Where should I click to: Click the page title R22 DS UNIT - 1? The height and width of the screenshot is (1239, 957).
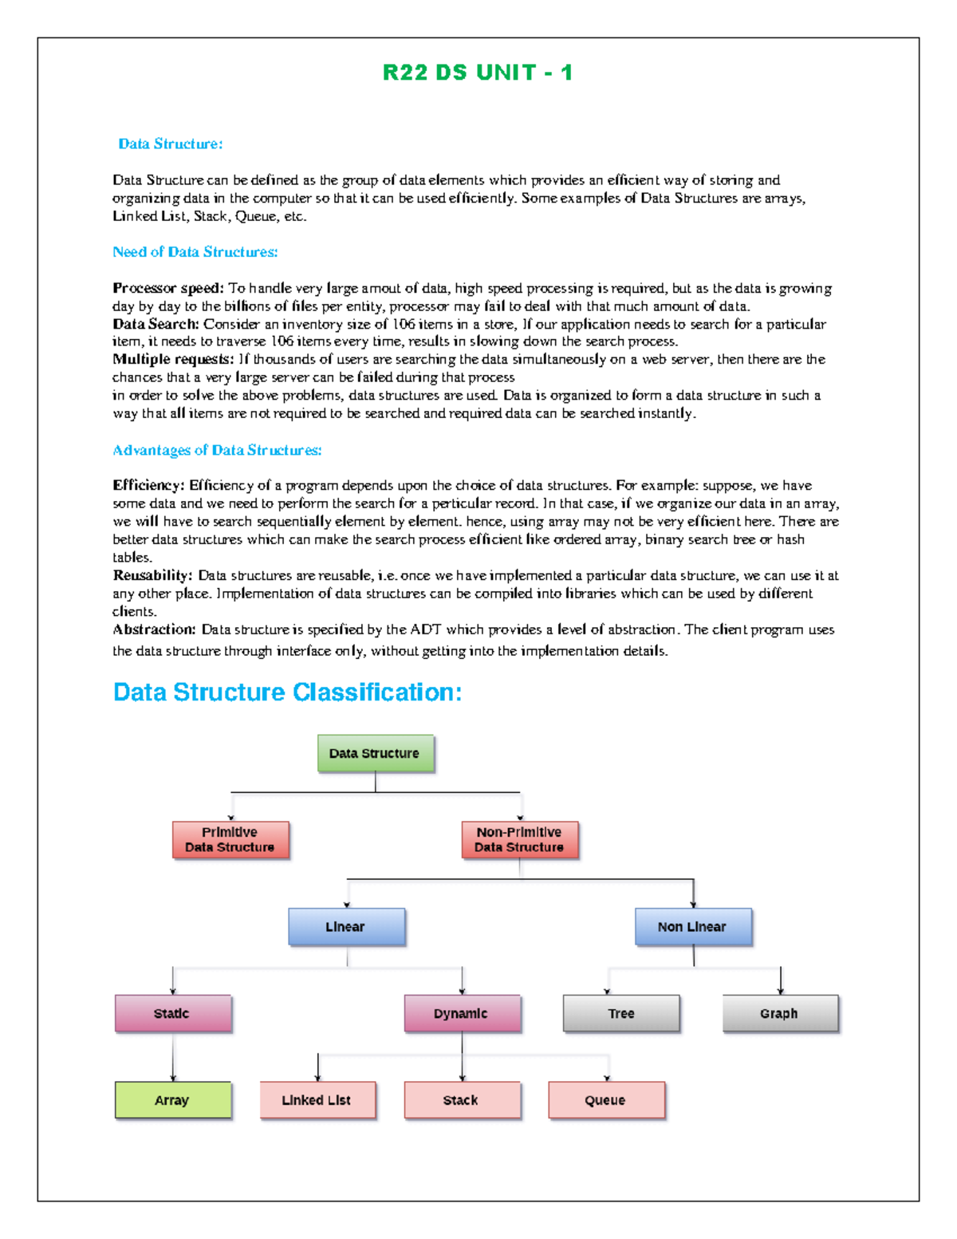point(477,73)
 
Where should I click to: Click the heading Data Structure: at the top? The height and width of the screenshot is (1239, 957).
point(170,144)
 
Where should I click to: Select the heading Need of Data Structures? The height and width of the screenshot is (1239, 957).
point(195,252)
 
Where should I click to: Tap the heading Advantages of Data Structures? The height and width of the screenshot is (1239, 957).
point(217,450)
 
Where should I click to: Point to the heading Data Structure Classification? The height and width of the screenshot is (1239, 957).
point(287,692)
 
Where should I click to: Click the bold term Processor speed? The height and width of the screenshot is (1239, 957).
point(167,288)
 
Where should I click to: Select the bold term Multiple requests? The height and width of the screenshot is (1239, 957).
point(172,359)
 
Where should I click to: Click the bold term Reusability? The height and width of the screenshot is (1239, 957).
point(152,575)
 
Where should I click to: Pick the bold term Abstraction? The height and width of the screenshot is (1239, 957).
point(153,629)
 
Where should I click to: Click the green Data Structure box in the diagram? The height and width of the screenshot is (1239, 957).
point(375,753)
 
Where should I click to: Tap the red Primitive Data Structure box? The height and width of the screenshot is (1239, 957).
point(230,839)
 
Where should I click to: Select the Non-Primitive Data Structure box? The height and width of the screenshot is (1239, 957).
point(519,839)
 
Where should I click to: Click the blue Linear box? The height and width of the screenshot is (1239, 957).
point(346,926)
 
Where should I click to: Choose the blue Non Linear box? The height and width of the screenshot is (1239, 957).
point(692,926)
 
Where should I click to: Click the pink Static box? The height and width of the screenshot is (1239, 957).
point(172,1013)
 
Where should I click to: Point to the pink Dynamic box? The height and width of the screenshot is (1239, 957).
point(462,1013)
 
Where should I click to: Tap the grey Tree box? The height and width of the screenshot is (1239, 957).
point(621,1013)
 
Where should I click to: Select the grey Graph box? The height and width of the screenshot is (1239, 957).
point(780,1013)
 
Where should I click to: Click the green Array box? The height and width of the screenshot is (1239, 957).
point(172,1100)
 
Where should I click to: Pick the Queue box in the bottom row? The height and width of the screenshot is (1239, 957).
point(606,1100)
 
